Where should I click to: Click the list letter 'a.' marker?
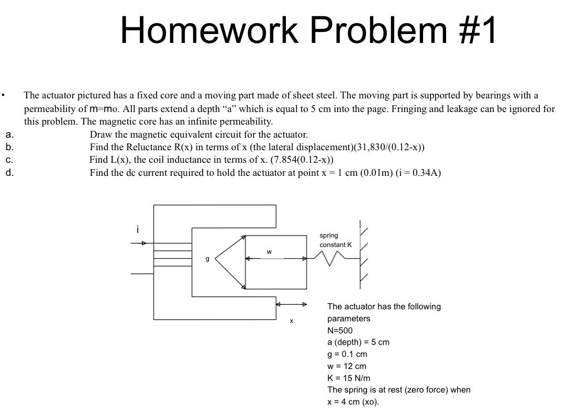[10, 134]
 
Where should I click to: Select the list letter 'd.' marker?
[10, 172]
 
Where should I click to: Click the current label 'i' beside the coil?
[138, 230]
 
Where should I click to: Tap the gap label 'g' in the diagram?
[207, 259]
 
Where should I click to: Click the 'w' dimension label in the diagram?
[269, 252]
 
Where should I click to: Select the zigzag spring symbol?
[330, 258]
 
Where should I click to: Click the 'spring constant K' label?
[336, 240]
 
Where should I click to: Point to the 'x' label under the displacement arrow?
[292, 321]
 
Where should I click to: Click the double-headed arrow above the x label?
[292, 304]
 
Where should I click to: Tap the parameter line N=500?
[340, 330]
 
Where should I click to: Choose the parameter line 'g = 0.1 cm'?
[347, 354]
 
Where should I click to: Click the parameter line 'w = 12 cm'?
[347, 366]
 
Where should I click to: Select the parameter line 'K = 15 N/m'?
[349, 378]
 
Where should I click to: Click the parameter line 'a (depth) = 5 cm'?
[358, 342]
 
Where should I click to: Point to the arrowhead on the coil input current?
[143, 243]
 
